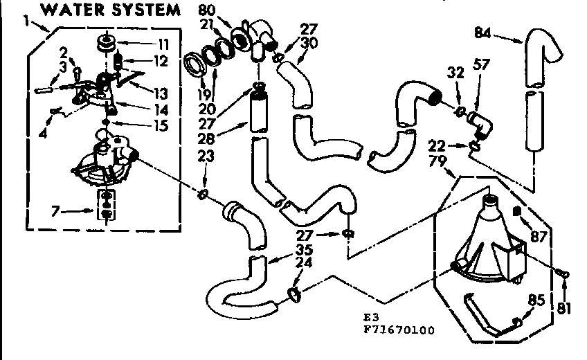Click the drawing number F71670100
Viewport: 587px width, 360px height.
[x=398, y=330]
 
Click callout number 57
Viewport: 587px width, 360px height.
[x=480, y=65]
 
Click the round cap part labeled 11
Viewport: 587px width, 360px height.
[x=107, y=42]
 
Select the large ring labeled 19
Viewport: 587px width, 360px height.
[x=199, y=66]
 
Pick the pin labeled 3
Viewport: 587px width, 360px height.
[x=46, y=89]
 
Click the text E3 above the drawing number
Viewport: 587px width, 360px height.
[x=370, y=318]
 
